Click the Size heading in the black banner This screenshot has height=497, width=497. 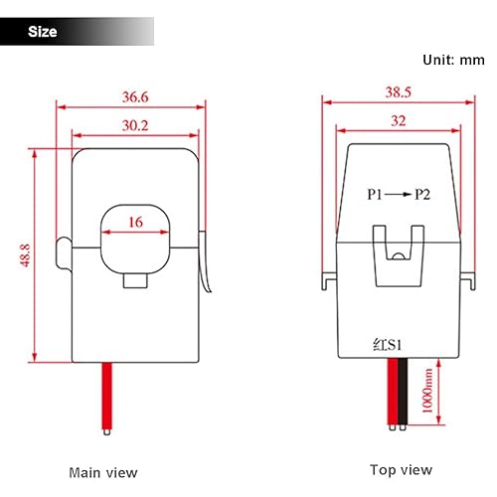[43, 32]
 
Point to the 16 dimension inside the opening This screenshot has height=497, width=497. [133, 224]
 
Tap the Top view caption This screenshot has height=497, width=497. [401, 470]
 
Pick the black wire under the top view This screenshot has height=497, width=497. [395, 393]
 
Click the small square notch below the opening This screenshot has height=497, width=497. [134, 281]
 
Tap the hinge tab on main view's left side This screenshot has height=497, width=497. [64, 254]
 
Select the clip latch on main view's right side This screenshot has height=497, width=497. [207, 263]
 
